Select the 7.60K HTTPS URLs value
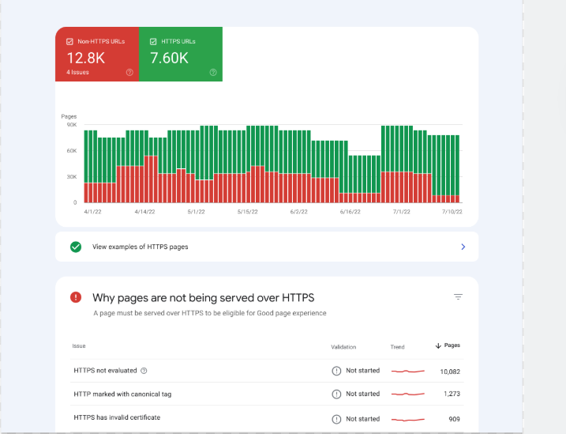click(x=170, y=58)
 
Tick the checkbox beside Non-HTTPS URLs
click(x=70, y=41)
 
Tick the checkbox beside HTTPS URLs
click(x=154, y=41)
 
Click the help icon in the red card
click(x=129, y=72)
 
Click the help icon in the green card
click(x=213, y=72)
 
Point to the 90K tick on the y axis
click(x=72, y=125)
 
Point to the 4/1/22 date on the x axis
click(x=92, y=212)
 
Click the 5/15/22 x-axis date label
click(x=247, y=212)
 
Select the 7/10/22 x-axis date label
click(x=451, y=212)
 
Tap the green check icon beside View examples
click(x=76, y=247)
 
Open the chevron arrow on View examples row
click(x=463, y=247)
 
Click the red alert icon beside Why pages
click(x=76, y=297)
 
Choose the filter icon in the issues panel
click(x=458, y=297)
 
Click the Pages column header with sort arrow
click(x=447, y=345)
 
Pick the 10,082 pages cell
click(x=450, y=370)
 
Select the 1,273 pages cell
click(x=452, y=394)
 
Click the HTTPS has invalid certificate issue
click(x=117, y=417)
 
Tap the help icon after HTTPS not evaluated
click(x=144, y=370)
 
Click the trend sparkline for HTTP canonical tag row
click(x=408, y=394)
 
